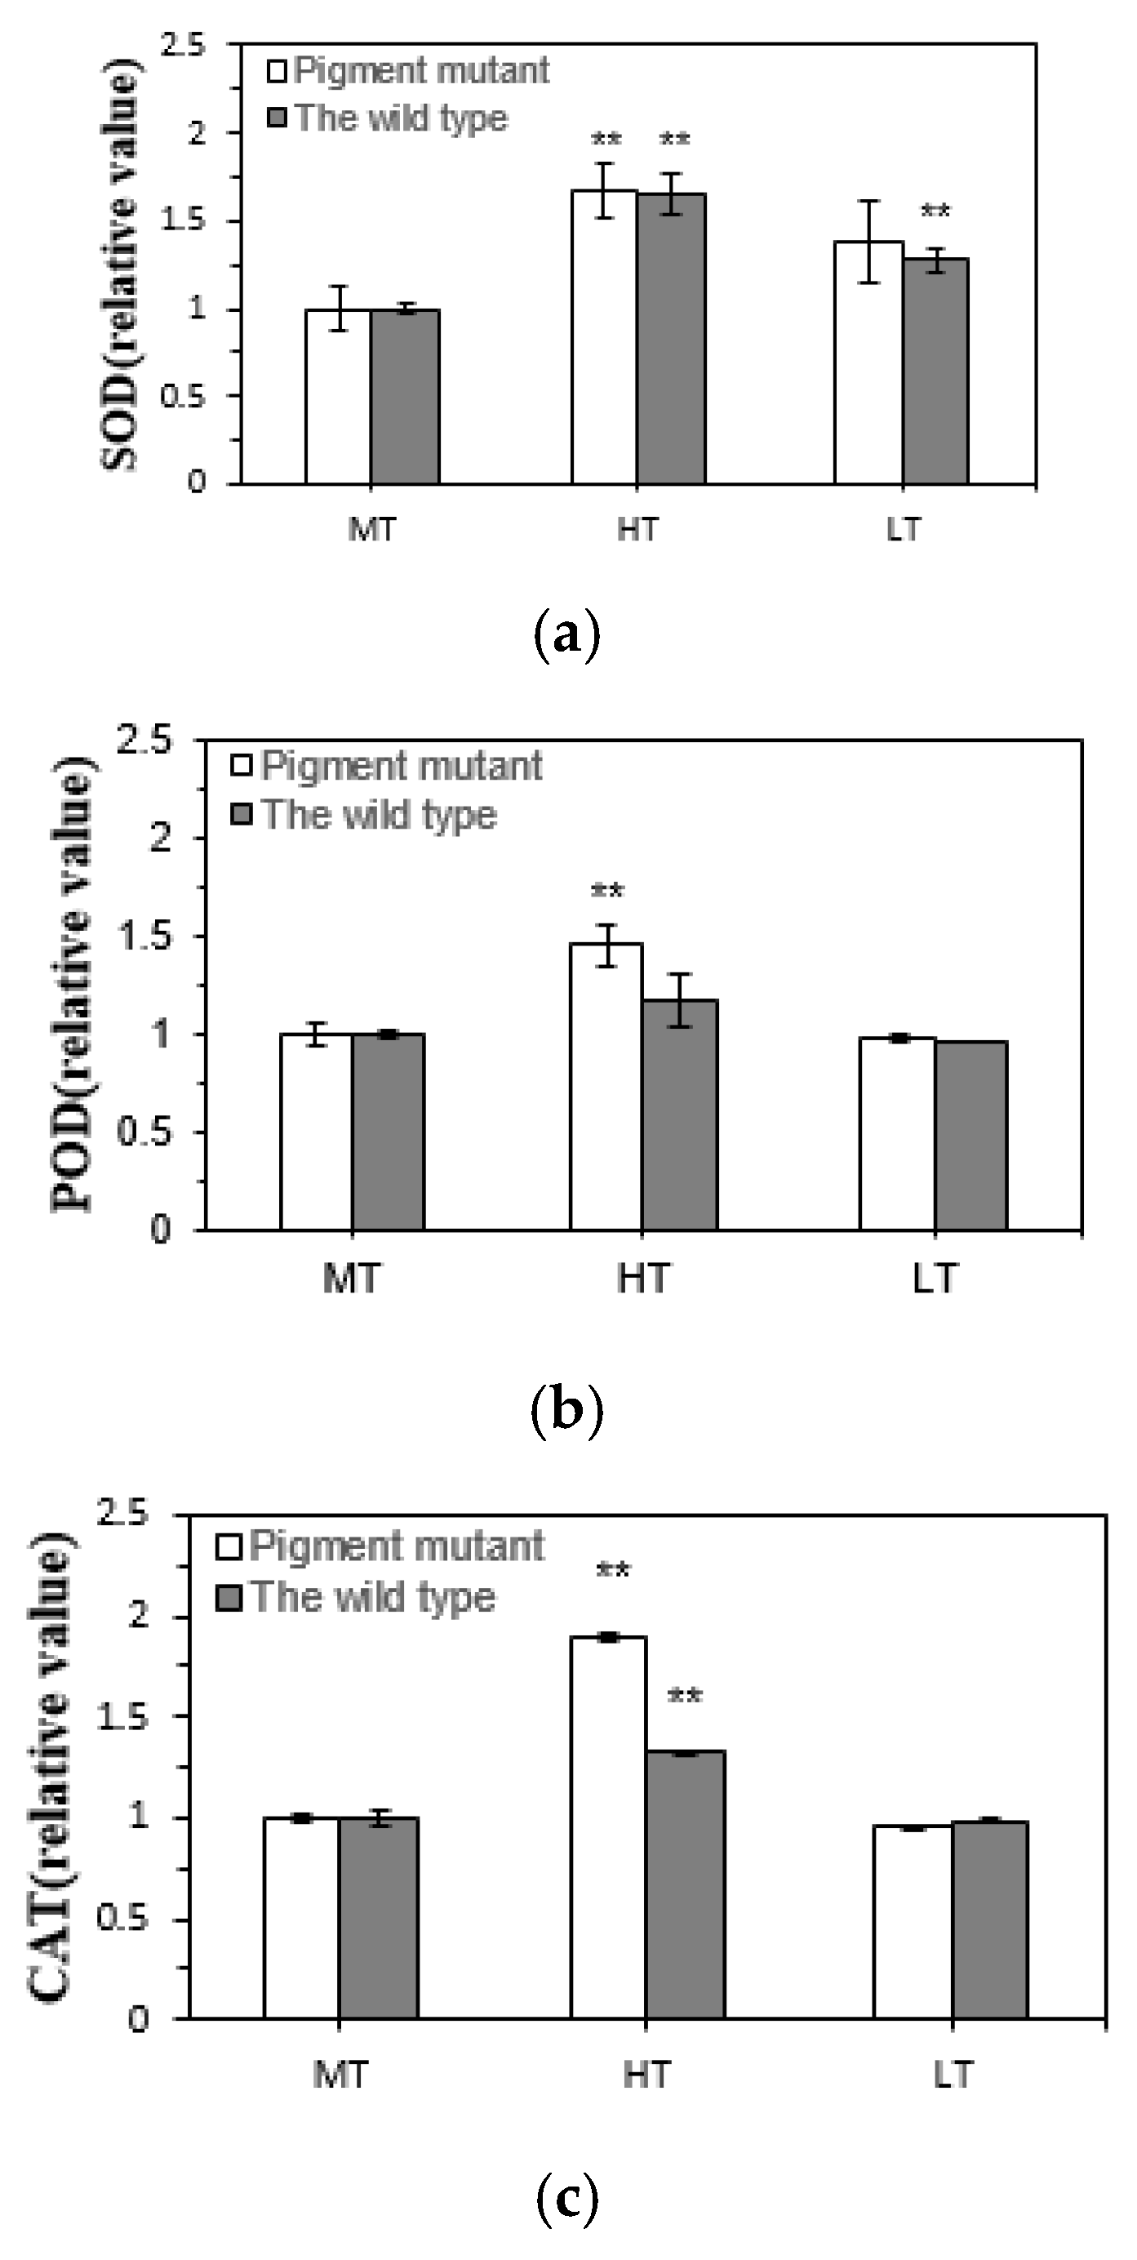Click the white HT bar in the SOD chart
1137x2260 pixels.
(x=605, y=338)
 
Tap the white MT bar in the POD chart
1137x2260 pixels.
(x=316, y=1132)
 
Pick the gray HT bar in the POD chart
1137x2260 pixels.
(x=679, y=1115)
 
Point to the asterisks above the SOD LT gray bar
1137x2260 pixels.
(x=935, y=211)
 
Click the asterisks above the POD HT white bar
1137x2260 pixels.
(x=607, y=892)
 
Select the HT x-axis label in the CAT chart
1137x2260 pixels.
(x=646, y=2075)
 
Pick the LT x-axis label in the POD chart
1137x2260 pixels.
(x=934, y=1279)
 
